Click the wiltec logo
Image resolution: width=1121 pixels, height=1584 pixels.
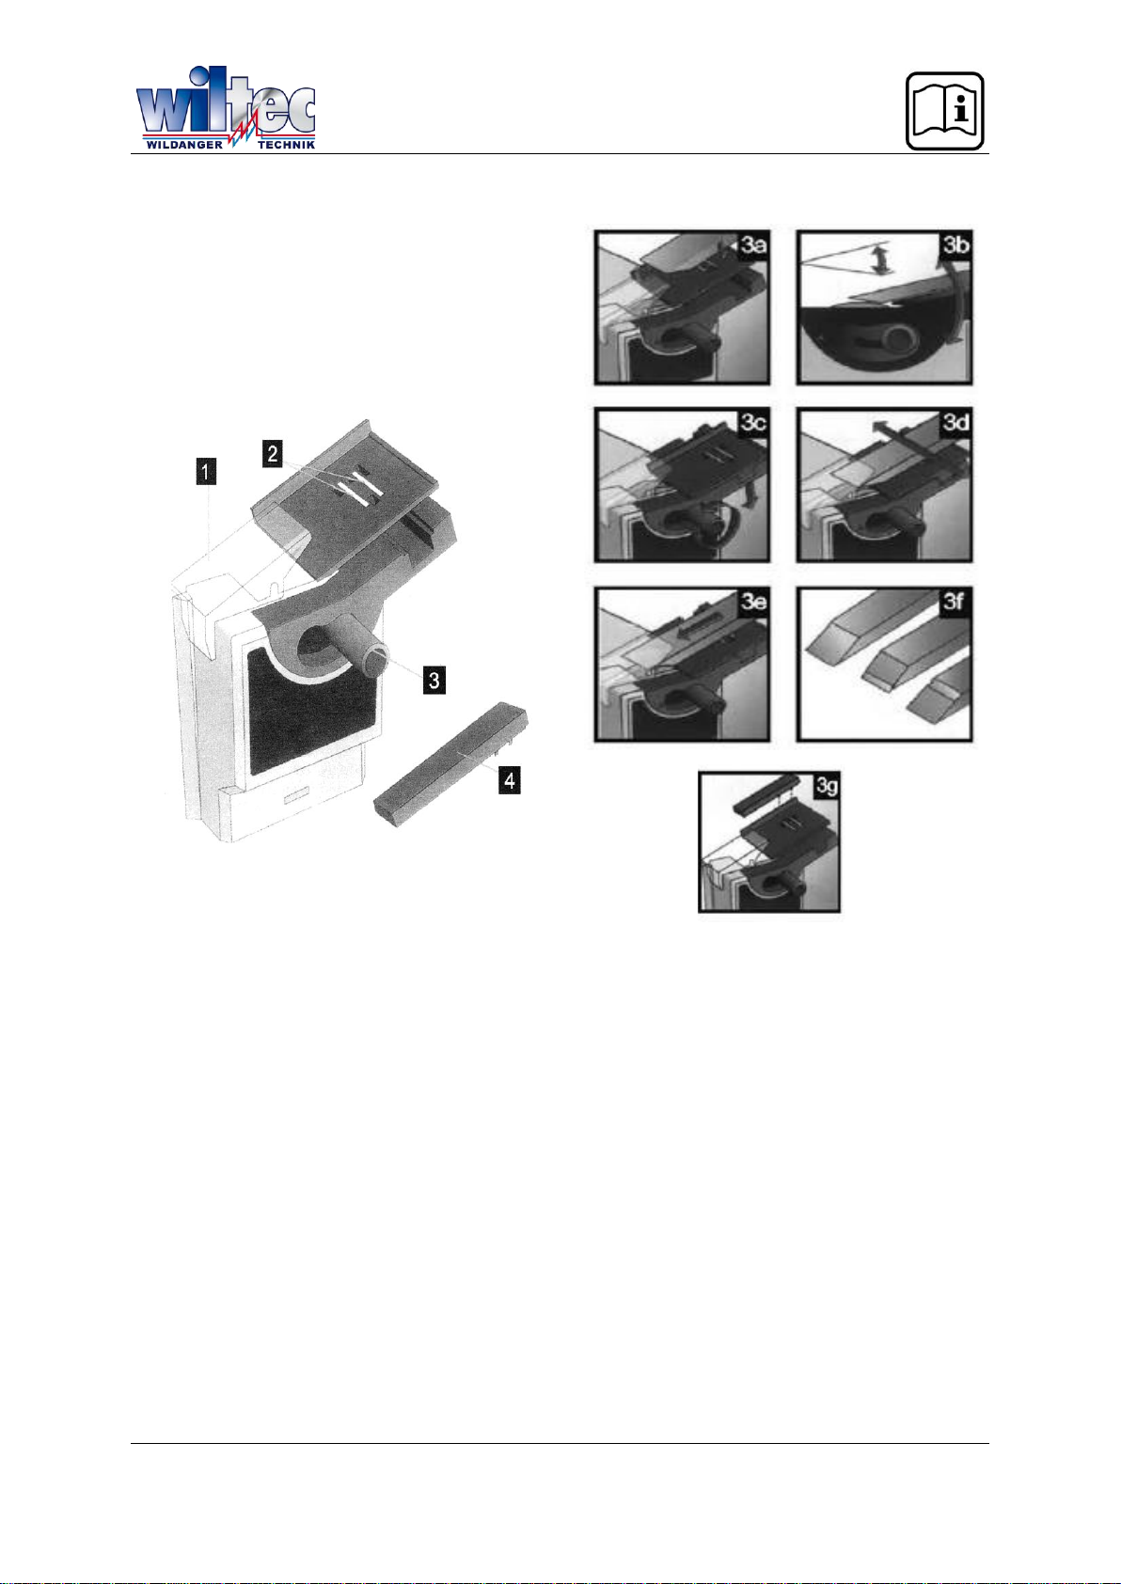point(226,108)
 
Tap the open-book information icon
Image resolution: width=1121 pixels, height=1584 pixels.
point(944,111)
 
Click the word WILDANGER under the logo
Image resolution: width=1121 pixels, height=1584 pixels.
point(184,145)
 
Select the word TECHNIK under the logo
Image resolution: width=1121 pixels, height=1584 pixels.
point(287,145)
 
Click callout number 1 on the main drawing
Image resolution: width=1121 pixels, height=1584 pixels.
point(206,472)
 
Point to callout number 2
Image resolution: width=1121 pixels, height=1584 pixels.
point(273,453)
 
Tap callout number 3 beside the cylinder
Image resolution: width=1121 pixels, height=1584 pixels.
point(434,681)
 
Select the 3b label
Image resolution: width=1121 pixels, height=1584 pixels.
point(957,247)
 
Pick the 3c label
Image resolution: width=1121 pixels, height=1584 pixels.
point(754,424)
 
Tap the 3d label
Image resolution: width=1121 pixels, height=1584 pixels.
point(957,424)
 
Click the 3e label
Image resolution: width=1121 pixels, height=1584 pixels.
point(754,603)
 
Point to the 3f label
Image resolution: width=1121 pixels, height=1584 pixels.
point(957,603)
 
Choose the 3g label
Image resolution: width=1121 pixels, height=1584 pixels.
point(826,786)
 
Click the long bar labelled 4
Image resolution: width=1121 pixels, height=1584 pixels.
point(458,763)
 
